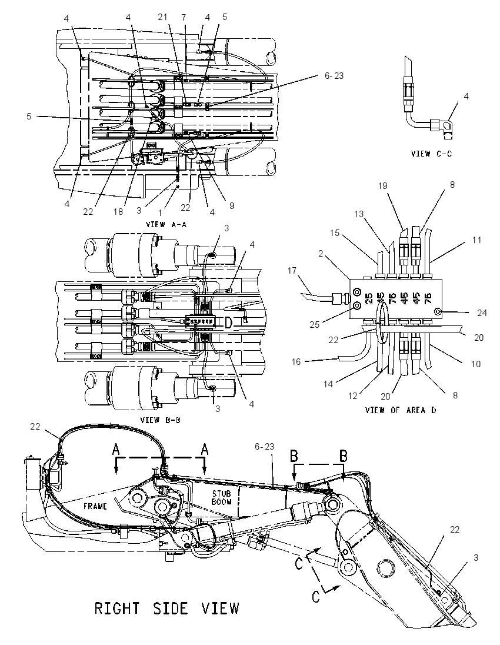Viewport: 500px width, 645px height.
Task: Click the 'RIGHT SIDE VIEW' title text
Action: click(166, 609)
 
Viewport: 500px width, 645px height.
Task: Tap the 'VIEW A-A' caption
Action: click(166, 225)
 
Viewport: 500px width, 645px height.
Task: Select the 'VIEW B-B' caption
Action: click(161, 420)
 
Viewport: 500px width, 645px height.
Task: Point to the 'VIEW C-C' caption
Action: click(431, 154)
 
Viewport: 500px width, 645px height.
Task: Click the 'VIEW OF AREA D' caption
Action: click(401, 410)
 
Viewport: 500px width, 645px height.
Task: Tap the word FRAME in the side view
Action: click(95, 506)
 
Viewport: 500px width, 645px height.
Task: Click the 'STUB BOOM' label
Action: click(222, 497)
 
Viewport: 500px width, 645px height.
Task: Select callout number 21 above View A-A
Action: click(163, 17)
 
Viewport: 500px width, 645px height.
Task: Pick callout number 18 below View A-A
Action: click(119, 211)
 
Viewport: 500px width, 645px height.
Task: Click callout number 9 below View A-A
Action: click(232, 205)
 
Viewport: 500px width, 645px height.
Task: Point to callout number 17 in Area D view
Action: click(292, 270)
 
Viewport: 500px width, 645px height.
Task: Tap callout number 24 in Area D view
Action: click(482, 313)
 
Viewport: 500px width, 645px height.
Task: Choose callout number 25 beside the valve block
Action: click(315, 324)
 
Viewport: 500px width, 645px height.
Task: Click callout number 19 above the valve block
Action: click(383, 186)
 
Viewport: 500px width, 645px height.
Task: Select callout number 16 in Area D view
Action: click(296, 361)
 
